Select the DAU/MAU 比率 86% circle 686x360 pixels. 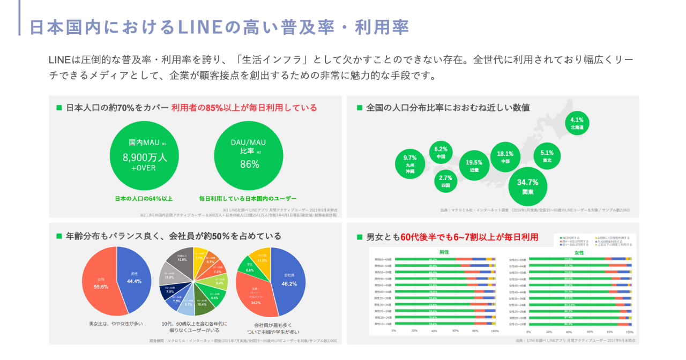pos(249,156)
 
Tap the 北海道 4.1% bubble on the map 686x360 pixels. pos(577,123)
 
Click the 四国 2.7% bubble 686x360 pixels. pos(446,181)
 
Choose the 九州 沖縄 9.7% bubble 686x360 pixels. pos(410,164)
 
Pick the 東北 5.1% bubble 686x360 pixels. pos(547,156)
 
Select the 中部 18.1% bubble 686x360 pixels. pos(505,156)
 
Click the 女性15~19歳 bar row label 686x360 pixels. pos(518,324)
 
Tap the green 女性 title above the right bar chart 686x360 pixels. pos(579,252)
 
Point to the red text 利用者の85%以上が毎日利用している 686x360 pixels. pos(244,108)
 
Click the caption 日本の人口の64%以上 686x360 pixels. pos(144,199)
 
